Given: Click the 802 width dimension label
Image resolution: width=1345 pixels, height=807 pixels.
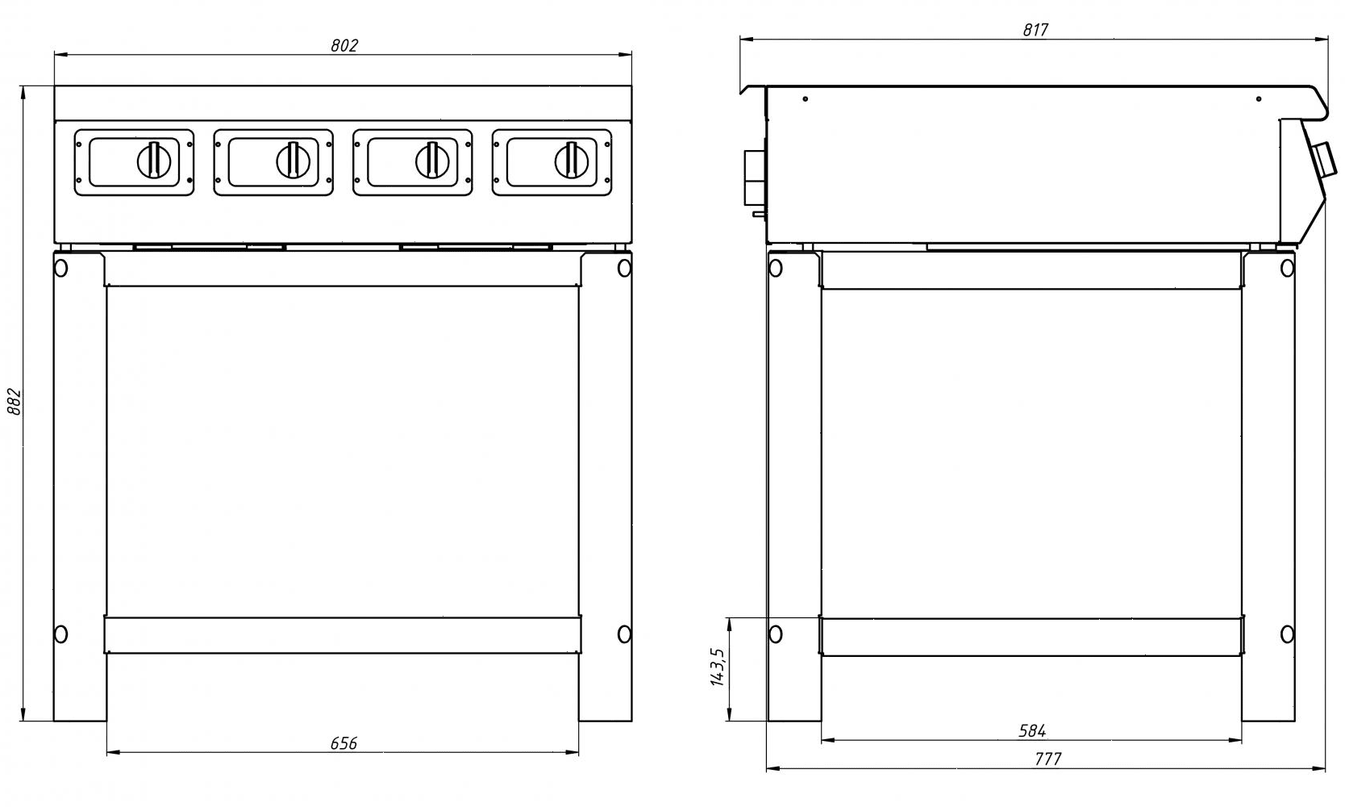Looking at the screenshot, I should (344, 45).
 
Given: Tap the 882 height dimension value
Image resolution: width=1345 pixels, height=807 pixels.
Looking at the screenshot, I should (14, 401).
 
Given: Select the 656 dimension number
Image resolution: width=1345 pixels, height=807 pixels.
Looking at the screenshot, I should (344, 742).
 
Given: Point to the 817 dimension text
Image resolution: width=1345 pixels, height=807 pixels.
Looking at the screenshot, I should (1035, 30).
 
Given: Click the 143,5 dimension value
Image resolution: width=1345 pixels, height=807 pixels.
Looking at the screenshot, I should (717, 667).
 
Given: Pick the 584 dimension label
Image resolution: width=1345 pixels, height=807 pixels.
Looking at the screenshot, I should (1032, 730).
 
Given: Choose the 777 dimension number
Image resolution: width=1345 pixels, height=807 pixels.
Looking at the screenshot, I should (1047, 759).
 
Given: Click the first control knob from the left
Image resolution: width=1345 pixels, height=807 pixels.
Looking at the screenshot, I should (154, 160).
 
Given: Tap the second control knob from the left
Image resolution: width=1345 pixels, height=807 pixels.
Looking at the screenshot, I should (293, 160).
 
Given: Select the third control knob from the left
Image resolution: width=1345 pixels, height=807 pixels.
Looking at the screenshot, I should (432, 160).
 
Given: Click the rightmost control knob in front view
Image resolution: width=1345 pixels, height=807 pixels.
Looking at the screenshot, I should (571, 160).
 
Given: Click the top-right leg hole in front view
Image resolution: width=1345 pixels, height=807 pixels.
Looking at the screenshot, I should (624, 268).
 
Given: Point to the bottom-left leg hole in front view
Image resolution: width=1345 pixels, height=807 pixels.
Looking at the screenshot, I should (60, 633).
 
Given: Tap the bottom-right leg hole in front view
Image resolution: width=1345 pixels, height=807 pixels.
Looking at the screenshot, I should (624, 633).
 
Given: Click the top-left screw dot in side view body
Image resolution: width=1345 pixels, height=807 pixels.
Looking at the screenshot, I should (805, 99).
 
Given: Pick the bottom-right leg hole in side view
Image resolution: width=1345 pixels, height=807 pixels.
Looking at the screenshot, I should (1288, 633).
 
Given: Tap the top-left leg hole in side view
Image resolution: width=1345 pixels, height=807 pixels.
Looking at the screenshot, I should (776, 268).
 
